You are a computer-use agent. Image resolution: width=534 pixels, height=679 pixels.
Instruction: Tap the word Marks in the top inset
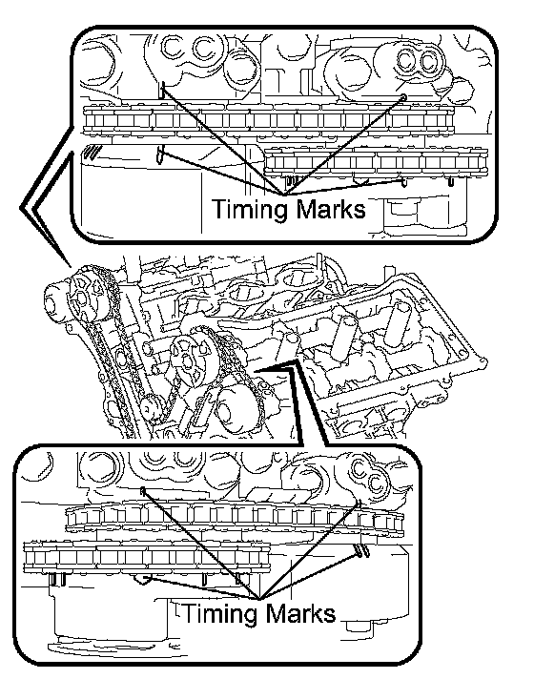point(331,209)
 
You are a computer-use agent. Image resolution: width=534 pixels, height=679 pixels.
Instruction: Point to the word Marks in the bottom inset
point(301,613)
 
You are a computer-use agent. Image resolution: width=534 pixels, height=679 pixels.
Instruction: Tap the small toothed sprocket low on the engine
point(152,409)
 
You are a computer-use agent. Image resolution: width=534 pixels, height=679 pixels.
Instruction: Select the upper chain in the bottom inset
point(235,517)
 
